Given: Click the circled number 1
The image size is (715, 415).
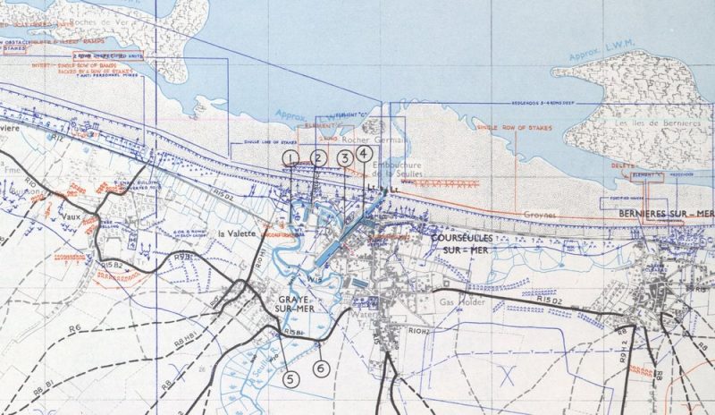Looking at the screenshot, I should [x=290, y=158].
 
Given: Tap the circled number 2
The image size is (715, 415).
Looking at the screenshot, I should [x=317, y=158].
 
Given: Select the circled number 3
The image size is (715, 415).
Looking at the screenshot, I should [x=345, y=158].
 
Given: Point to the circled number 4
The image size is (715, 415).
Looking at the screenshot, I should [x=363, y=152].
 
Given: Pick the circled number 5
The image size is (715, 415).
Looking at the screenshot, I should [x=290, y=378].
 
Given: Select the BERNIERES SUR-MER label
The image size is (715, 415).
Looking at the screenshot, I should [x=665, y=215].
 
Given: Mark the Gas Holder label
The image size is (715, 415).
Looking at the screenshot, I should [x=462, y=303].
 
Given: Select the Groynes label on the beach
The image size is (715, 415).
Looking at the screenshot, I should [x=540, y=215].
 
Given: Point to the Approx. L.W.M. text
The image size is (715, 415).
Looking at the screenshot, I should [x=595, y=67].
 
